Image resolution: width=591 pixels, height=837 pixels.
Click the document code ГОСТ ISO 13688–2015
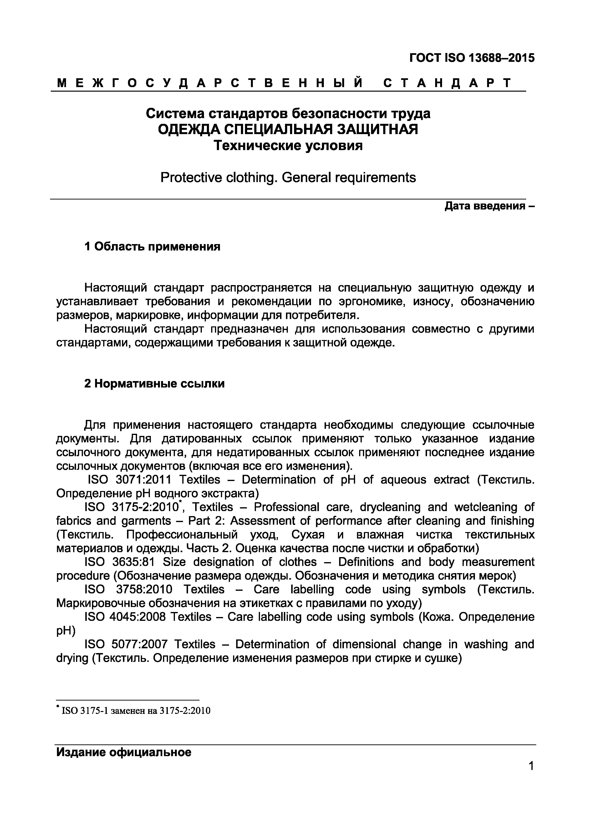(472, 58)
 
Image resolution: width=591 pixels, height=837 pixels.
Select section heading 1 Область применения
(152, 247)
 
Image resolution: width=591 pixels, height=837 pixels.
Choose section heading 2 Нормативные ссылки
(154, 383)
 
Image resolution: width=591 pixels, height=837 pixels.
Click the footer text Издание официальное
(124, 753)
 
